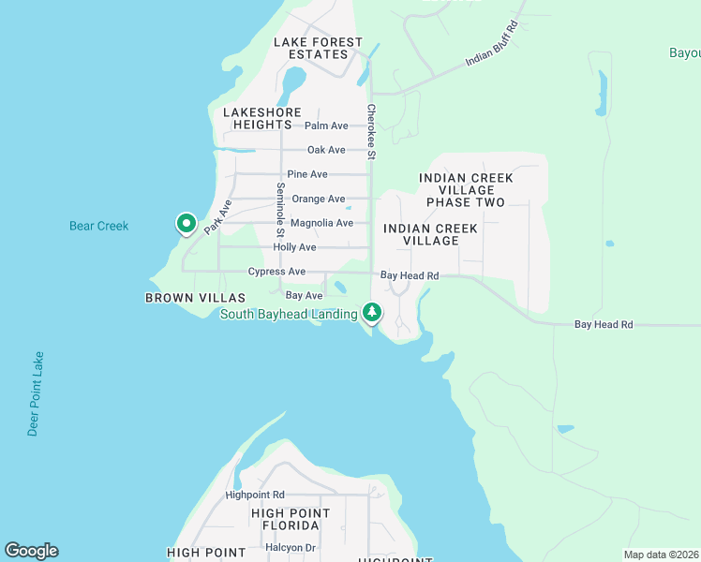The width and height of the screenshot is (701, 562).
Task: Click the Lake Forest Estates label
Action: coord(318,48)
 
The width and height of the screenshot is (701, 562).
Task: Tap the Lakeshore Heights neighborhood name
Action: coord(258,118)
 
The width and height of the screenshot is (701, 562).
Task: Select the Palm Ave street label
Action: coord(326,126)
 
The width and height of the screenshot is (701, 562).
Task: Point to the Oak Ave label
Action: coord(327,150)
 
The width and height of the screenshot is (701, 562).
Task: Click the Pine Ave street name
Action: coord(307,174)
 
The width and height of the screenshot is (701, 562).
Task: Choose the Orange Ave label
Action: coord(318,199)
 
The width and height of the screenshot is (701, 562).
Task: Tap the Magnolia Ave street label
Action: coord(321,223)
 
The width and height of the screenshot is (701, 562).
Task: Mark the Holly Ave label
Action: coord(294,247)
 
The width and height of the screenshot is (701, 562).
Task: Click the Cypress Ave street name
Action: coord(276,272)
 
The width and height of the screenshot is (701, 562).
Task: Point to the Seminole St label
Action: coord(280,210)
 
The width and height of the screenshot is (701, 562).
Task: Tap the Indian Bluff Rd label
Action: coord(492,45)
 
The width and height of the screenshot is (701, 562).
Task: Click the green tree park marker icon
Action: coord(372,311)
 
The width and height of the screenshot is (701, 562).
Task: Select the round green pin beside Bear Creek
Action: coord(186,224)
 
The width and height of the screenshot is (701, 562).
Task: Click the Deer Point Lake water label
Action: coord(36,393)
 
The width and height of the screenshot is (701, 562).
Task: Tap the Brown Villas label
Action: coord(182,298)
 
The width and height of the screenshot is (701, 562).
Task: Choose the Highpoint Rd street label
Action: coord(254,495)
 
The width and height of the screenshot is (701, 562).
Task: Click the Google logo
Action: coord(31,551)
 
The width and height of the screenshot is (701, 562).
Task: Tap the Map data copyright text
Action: coord(662,555)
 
